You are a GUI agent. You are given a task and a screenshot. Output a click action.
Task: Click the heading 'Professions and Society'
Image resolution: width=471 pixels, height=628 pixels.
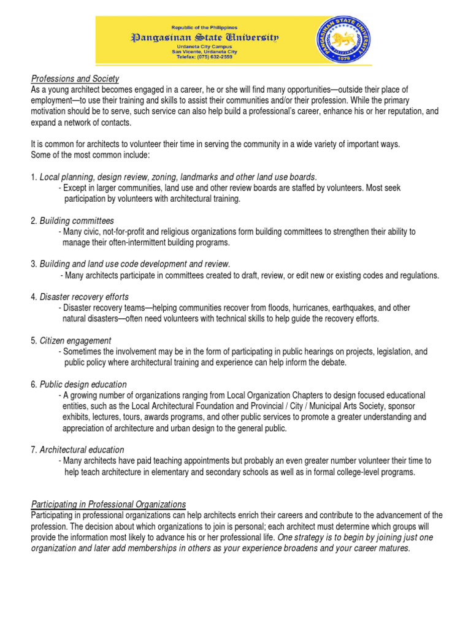click(x=75, y=79)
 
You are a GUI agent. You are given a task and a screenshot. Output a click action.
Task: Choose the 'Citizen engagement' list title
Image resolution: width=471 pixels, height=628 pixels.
click(x=75, y=340)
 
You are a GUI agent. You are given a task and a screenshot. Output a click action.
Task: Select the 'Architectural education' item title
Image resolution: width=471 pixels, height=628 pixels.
click(x=82, y=450)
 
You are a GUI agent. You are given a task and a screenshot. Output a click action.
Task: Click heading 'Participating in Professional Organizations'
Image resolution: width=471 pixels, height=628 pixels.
click(x=108, y=504)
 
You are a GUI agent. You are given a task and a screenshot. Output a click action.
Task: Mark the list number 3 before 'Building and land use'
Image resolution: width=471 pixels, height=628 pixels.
click(x=33, y=264)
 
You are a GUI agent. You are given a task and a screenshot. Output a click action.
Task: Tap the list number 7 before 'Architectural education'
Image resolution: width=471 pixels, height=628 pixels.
click(x=33, y=450)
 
